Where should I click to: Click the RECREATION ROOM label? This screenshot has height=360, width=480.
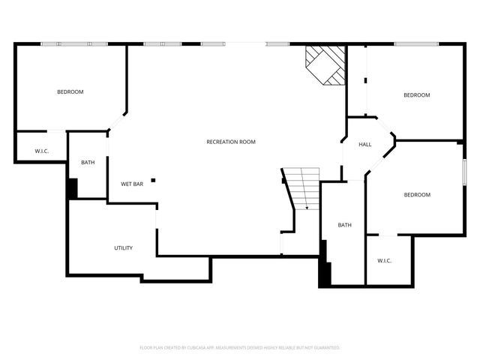(231, 142)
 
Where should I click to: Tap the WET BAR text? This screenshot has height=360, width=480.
(132, 184)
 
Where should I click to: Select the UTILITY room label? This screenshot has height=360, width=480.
(124, 248)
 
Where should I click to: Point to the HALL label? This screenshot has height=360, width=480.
(364, 145)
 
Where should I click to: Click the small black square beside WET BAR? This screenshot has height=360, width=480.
(153, 179)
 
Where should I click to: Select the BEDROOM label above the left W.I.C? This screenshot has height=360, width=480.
(70, 92)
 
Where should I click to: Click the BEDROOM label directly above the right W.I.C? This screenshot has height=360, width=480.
(417, 195)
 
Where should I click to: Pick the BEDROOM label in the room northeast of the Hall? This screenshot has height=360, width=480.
(417, 95)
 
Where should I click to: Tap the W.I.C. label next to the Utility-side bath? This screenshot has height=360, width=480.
(41, 151)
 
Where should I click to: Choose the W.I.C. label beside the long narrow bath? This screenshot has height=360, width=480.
(384, 261)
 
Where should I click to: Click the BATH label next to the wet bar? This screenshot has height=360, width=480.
(88, 163)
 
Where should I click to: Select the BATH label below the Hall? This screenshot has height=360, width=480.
(344, 225)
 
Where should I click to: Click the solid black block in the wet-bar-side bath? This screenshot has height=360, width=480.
(72, 188)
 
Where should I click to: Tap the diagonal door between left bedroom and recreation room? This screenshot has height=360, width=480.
(117, 123)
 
